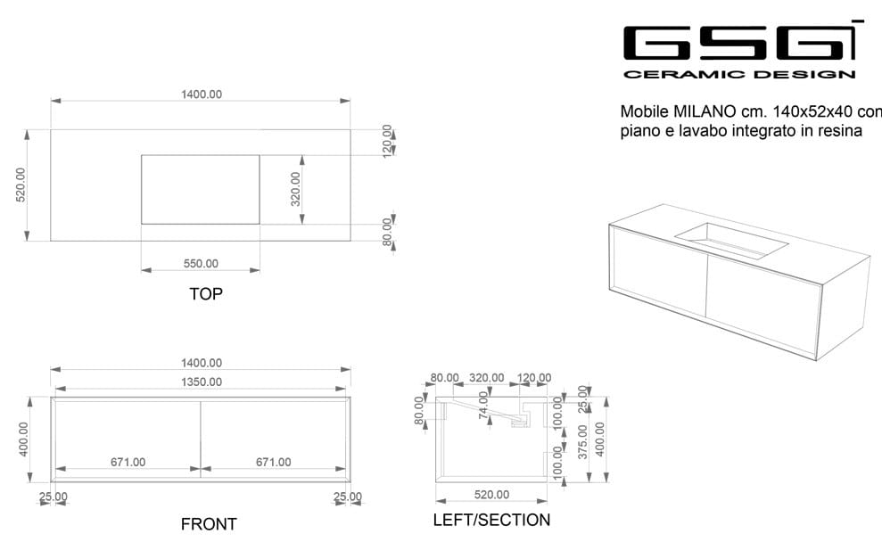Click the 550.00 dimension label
tap(201, 264)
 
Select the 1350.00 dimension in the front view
tap(201, 382)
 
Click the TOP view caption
tap(205, 293)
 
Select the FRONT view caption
tap(209, 524)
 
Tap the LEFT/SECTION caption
tap(491, 520)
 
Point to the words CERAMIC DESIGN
tap(739, 75)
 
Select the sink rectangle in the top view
tap(201, 189)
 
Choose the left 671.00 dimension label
tap(128, 462)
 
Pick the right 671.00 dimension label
tap(273, 462)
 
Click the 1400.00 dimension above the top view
tap(201, 94)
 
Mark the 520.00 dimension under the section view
tap(491, 495)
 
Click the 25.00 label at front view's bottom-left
tap(53, 497)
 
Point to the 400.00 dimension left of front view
tap(23, 439)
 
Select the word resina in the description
tap(841, 131)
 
